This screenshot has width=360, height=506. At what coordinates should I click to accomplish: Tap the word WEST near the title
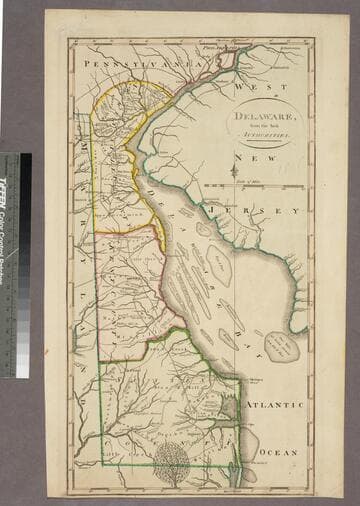(248, 88)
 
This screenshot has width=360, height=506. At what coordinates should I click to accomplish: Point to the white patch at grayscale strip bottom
(23, 370)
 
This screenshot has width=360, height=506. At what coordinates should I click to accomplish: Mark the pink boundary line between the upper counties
(125, 233)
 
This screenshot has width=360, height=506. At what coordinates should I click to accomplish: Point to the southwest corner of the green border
(101, 464)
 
